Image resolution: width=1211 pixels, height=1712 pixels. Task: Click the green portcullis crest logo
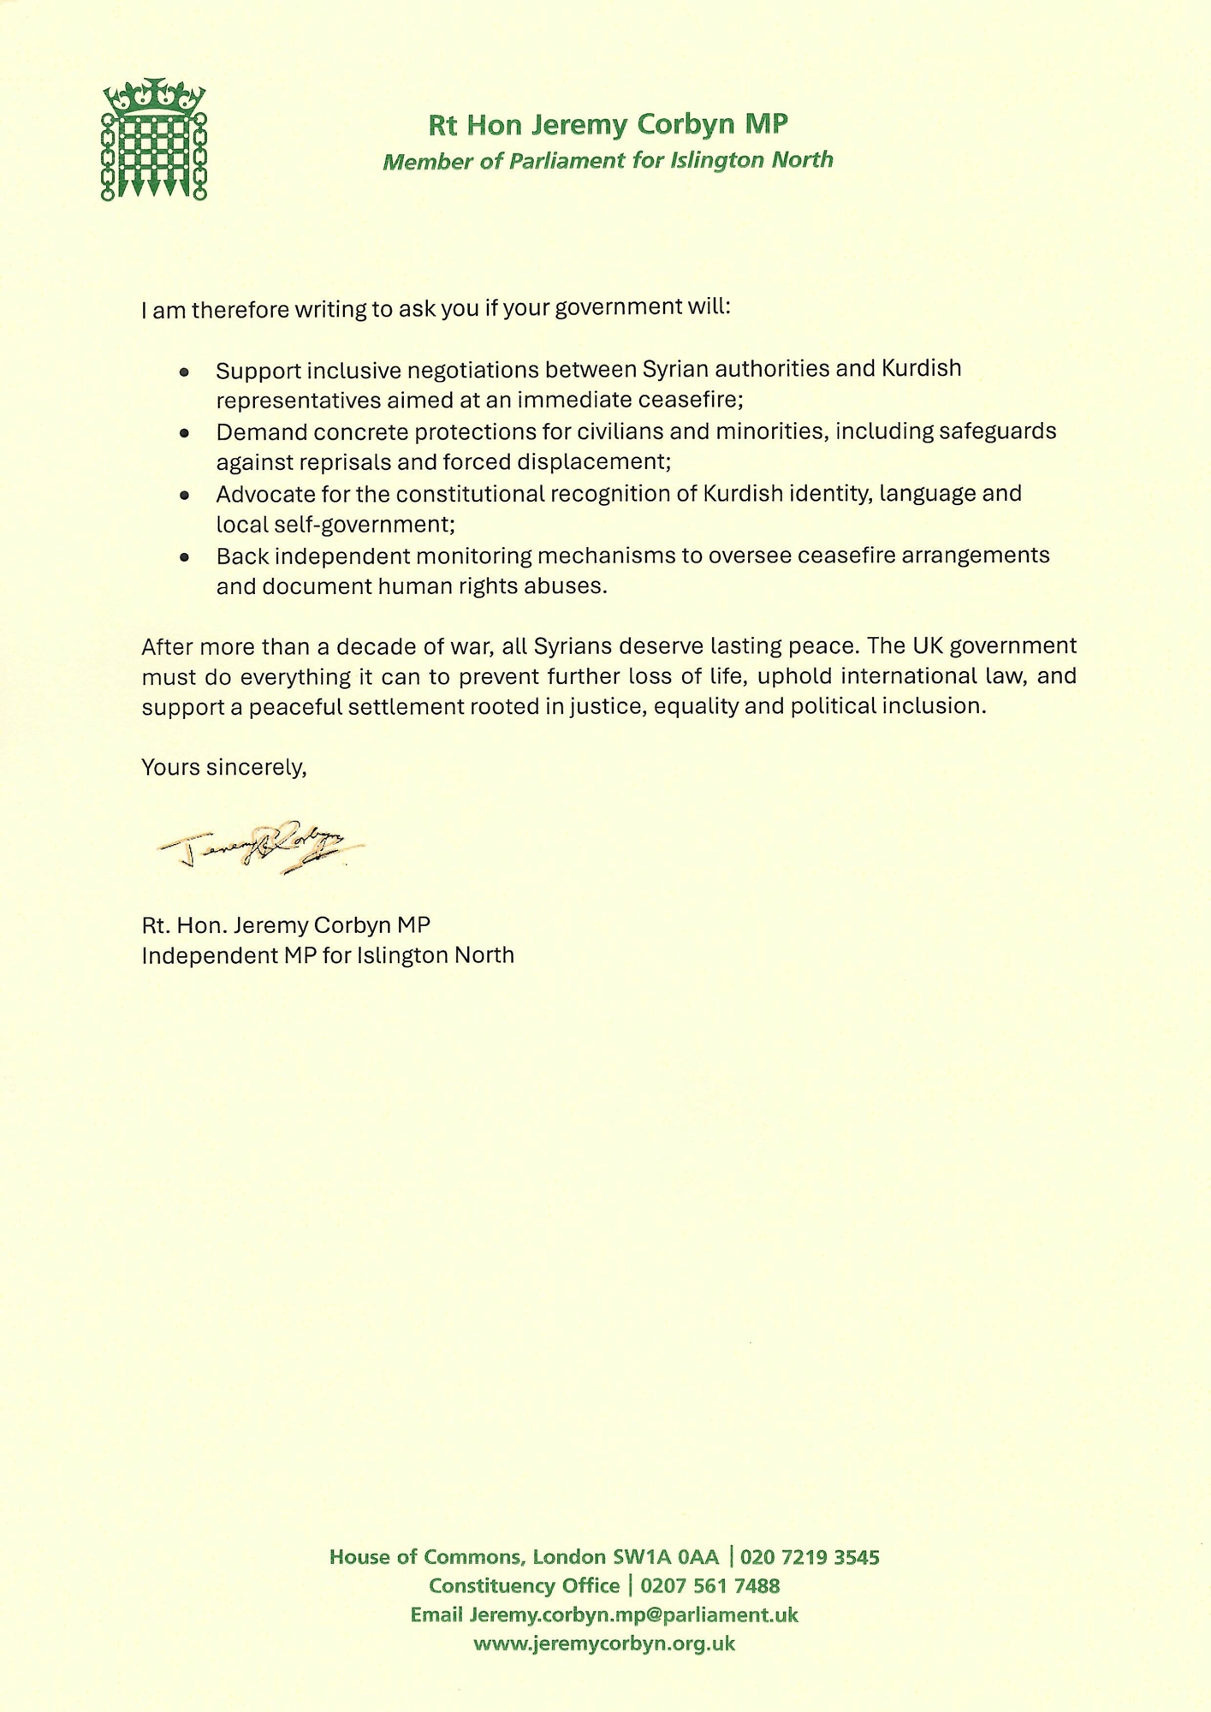coord(154,140)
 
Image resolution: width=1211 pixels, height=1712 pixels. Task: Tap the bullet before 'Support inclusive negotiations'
coord(184,372)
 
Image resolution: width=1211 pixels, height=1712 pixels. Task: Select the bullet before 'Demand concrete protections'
coord(184,434)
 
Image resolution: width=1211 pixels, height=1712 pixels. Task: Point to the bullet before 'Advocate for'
coord(184,496)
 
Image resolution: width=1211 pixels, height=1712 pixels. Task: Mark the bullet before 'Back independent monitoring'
coord(184,557)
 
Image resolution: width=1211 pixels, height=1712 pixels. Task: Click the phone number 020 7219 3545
coord(810,1557)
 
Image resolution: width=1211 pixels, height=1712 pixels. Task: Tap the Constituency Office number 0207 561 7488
coord(709,1586)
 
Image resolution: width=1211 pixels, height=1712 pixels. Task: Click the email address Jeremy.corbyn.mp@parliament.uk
coord(633,1615)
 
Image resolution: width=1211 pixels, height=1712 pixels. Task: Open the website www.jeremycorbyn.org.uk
coord(604,1644)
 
